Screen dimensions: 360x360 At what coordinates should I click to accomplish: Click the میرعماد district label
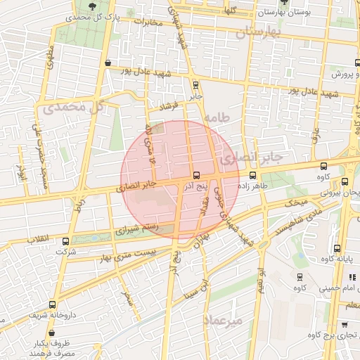pos(223,321)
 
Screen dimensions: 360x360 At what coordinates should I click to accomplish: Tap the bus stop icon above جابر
pos(195,84)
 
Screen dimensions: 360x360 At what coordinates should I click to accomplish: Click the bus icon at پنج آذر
pos(196,175)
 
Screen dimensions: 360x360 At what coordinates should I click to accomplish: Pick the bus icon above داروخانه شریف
pos(52,304)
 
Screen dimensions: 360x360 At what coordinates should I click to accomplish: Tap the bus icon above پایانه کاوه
pos(337,248)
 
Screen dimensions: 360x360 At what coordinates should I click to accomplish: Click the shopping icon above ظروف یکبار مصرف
pos(34,333)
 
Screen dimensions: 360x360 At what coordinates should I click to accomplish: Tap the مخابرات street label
pos(148,22)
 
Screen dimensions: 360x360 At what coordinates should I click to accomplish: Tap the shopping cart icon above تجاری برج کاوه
pos(343,324)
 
